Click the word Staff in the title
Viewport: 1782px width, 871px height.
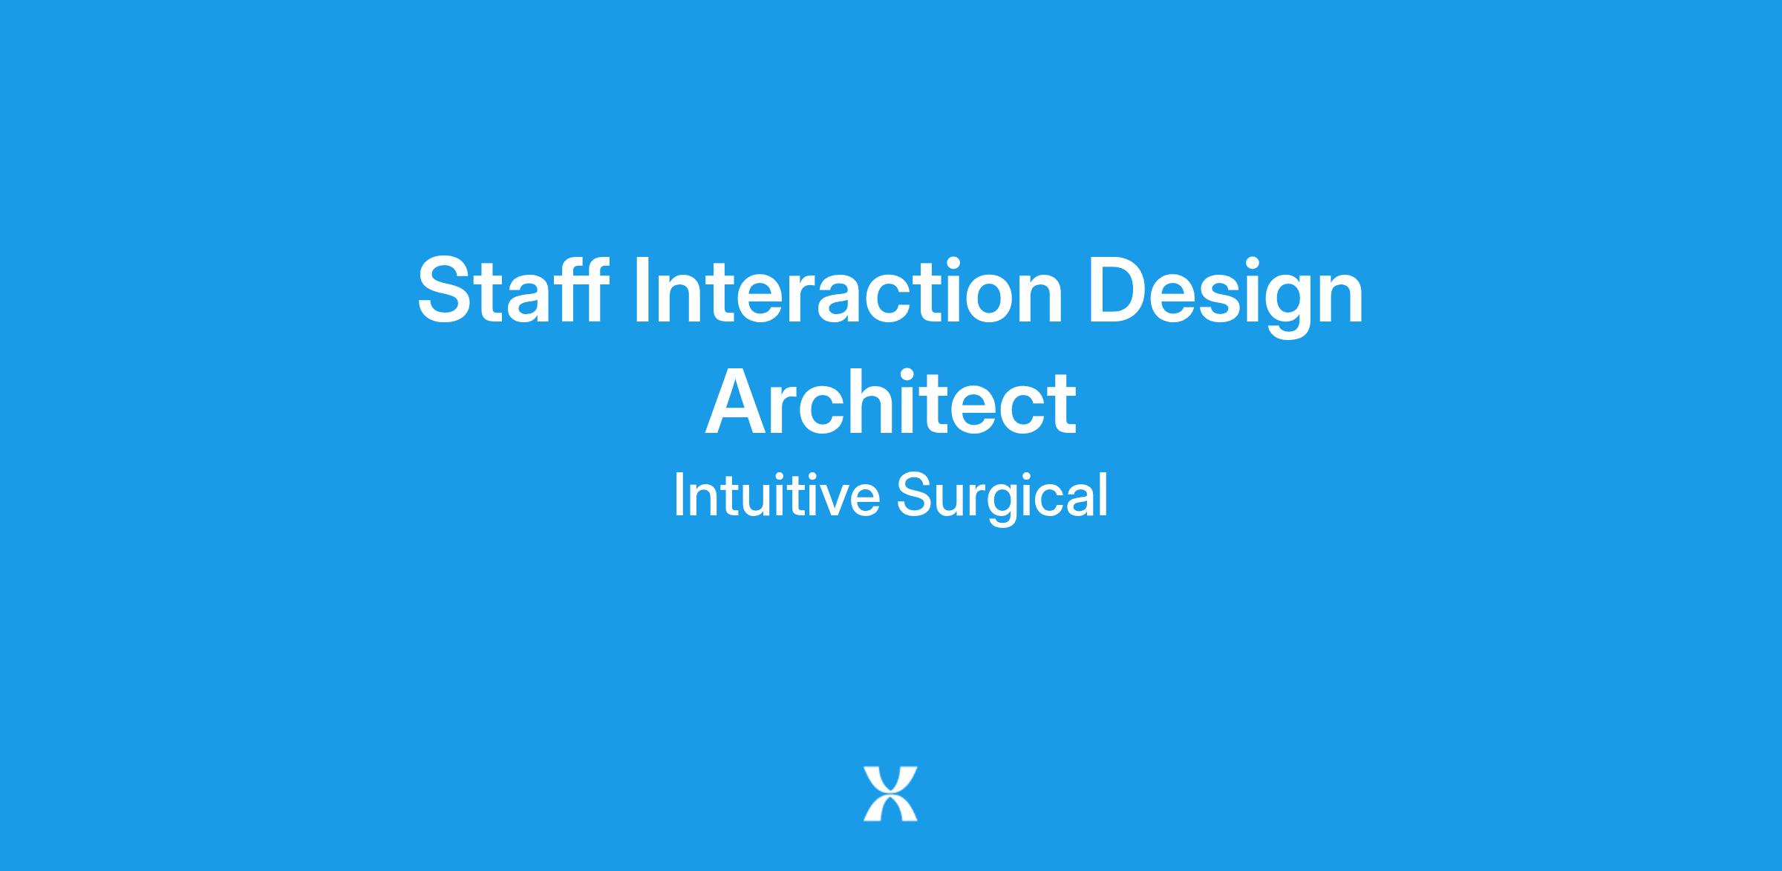[x=513, y=290]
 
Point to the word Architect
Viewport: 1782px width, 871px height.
[x=890, y=401]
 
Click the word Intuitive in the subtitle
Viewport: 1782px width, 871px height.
[x=776, y=495]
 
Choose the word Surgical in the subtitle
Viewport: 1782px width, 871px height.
[x=1002, y=498]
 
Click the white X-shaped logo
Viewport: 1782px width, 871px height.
[x=890, y=794]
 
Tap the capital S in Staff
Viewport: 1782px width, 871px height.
[x=443, y=290]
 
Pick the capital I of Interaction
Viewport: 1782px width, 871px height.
[x=641, y=290]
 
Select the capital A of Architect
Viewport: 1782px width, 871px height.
[x=737, y=401]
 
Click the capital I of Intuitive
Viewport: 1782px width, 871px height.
[x=678, y=495]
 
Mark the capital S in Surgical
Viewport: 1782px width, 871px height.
[x=915, y=495]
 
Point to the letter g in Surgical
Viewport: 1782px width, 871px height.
[x=1005, y=506]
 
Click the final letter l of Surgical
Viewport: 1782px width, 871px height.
[x=1103, y=495]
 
